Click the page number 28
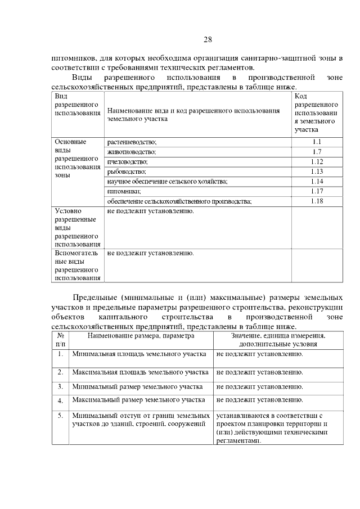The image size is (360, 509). tap(207, 39)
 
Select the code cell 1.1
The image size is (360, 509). tap(317, 142)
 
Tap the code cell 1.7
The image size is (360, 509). tap(317, 151)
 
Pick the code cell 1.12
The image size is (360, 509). tap(317, 161)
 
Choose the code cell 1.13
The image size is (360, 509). tap(317, 171)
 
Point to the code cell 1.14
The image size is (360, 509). tap(317, 181)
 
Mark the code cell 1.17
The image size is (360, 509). tap(317, 191)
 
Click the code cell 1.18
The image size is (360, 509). tap(317, 201)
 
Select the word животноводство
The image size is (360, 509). tap(131, 152)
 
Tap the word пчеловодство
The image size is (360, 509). tap(127, 162)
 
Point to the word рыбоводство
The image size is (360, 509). tap(126, 172)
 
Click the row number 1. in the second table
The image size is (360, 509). tap(60, 354)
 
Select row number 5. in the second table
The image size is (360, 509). tap(60, 415)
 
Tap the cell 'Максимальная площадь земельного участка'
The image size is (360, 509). tap(140, 372)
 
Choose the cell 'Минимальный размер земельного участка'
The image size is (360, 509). tap(137, 387)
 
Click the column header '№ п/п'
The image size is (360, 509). tap(60, 339)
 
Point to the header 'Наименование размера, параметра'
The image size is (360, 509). tap(141, 335)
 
